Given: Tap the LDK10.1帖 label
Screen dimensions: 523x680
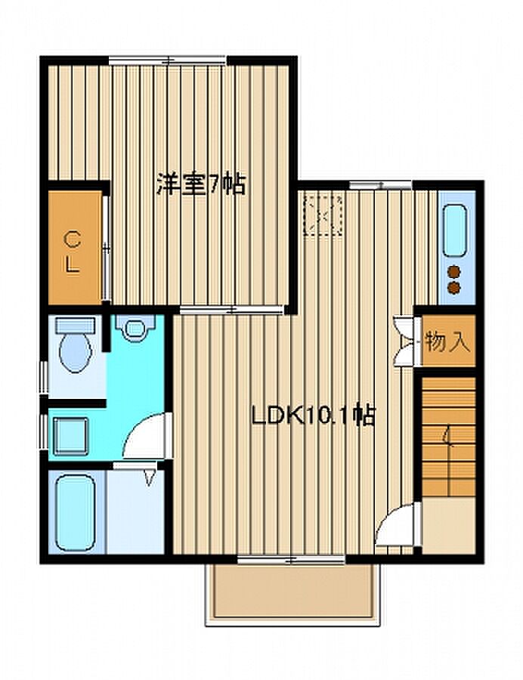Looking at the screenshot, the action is pos(313,416).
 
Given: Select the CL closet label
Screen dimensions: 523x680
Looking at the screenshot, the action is pos(73,252).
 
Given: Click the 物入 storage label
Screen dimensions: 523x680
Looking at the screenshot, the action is pos(447,341).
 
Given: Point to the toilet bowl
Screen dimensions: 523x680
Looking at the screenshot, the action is pos(76,352).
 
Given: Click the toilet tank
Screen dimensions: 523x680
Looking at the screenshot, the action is pos(75,325).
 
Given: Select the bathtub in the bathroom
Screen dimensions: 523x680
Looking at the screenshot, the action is pos(76,512).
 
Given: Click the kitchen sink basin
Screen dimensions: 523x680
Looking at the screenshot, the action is pos(455,230).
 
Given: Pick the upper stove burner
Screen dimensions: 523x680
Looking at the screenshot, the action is pos(453,271).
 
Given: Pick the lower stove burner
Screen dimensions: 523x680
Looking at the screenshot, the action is pos(453,287).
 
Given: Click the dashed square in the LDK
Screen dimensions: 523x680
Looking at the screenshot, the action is pos(323,215).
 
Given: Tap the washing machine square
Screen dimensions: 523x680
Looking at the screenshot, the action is pos(71,435).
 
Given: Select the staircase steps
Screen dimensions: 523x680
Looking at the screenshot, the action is pos(448,437).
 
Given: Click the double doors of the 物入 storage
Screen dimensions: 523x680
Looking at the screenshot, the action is pos(404,342).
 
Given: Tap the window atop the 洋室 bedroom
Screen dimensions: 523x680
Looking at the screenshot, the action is pos(167,61).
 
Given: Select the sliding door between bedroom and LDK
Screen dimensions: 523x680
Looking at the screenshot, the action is pos(232,310).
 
